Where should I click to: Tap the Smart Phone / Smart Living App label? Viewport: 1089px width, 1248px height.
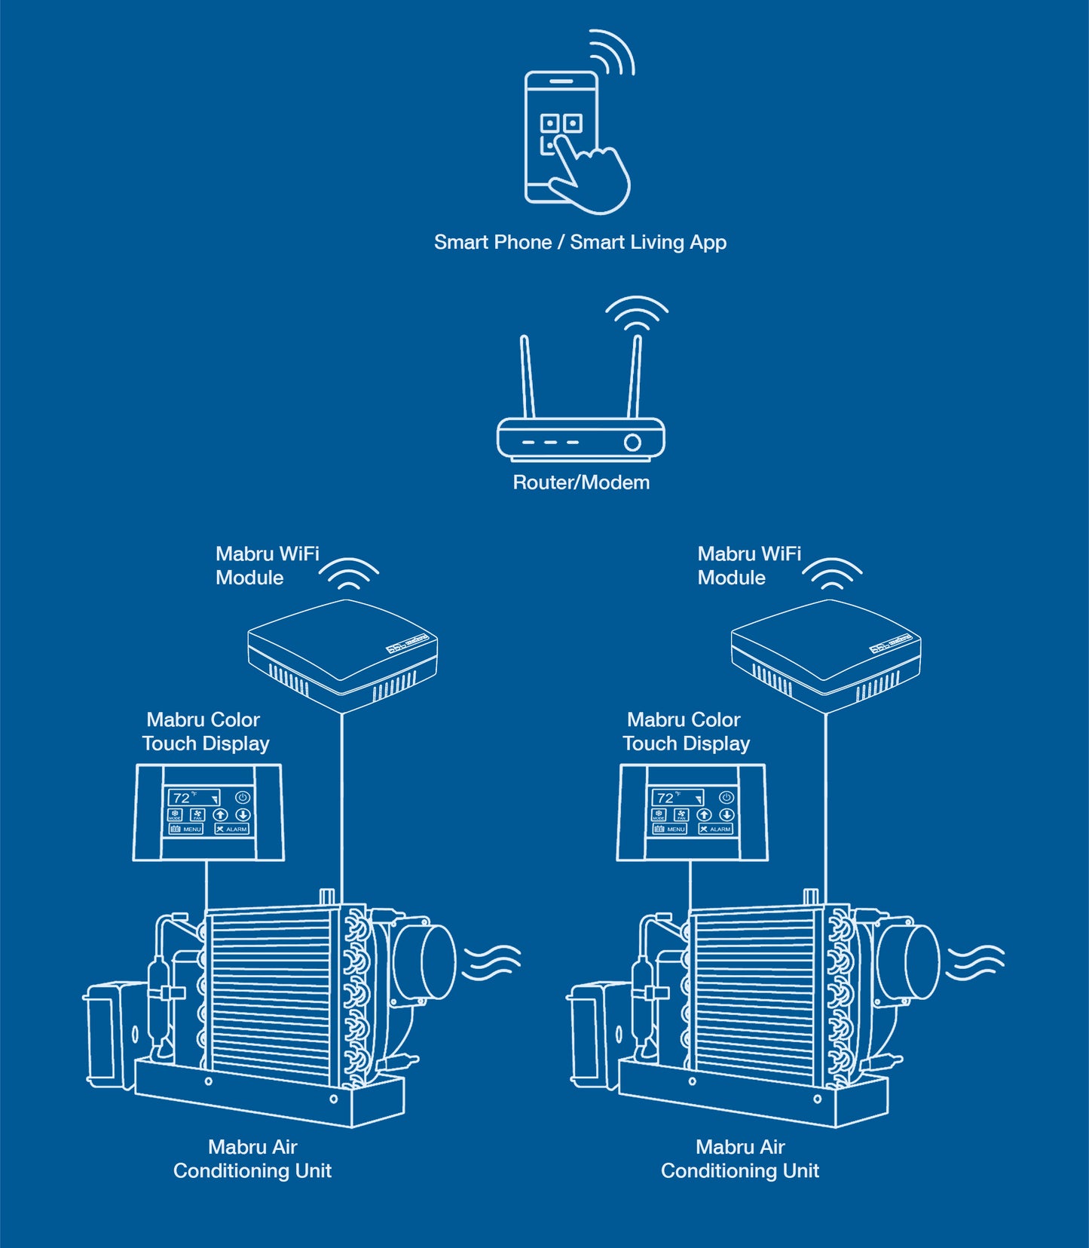[x=580, y=242]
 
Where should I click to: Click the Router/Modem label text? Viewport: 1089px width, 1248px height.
[x=580, y=483]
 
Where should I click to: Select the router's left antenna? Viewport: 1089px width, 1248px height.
[x=528, y=377]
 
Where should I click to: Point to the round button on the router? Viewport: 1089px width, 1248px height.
[x=633, y=442]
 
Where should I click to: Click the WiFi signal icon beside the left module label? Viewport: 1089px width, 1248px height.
[x=348, y=575]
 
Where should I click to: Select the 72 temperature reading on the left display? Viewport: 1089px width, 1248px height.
[x=182, y=798]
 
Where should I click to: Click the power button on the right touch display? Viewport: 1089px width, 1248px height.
[x=726, y=797]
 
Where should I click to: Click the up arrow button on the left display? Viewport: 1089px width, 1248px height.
[x=220, y=814]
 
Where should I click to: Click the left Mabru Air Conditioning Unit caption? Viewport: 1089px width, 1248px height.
[x=252, y=1159]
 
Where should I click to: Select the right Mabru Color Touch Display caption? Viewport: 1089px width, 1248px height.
[x=686, y=731]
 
